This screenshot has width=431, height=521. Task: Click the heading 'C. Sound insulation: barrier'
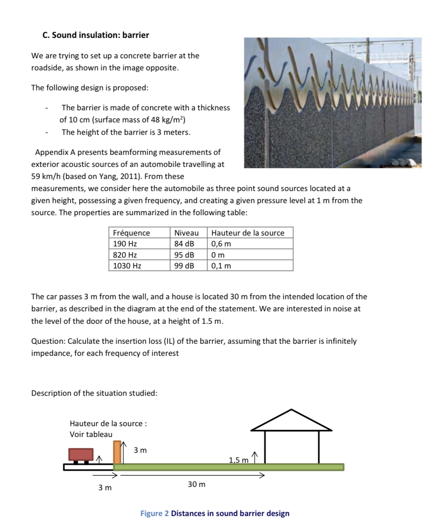point(96,35)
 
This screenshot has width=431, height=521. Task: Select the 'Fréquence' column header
point(131,233)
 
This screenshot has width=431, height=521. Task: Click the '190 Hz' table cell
point(125,243)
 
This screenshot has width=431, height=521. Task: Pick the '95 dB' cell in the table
point(184,255)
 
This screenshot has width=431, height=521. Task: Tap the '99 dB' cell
point(184,265)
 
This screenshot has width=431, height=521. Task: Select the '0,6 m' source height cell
point(221,243)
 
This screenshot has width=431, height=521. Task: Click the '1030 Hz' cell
point(127,265)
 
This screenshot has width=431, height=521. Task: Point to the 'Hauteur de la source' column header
point(248,233)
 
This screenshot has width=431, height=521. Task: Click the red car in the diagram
point(81,454)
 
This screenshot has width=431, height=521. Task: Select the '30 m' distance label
point(196,484)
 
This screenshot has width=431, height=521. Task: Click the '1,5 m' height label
point(238,460)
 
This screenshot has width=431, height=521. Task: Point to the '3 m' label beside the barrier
point(140,450)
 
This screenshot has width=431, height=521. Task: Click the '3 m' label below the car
point(105,487)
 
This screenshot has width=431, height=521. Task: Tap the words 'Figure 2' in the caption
point(154,513)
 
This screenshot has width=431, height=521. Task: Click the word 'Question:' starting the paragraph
point(48,341)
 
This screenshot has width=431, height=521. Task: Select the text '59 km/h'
point(45,176)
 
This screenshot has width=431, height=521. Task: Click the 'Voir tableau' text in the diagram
point(91,434)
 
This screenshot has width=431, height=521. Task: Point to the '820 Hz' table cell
point(125,255)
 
